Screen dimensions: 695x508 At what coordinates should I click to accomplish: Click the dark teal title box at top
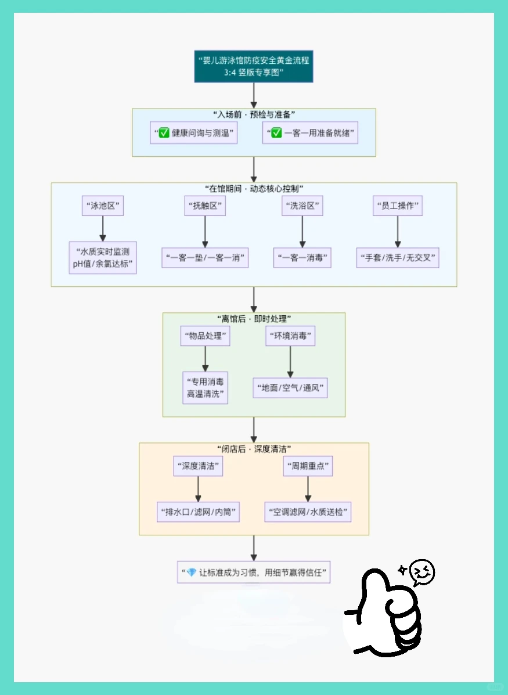[254, 66]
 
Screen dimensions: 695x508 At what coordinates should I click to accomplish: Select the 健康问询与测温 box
[194, 133]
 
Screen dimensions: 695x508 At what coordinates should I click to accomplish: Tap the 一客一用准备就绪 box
[310, 133]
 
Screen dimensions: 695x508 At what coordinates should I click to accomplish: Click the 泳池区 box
[103, 206]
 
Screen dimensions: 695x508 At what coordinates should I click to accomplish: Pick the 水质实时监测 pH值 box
[103, 257]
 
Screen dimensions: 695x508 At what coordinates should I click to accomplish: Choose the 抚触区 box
[204, 206]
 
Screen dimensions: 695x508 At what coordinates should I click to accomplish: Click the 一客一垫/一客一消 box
[204, 257]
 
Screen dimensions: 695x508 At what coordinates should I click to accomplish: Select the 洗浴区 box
[302, 206]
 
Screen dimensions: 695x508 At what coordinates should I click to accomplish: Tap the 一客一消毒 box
[302, 257]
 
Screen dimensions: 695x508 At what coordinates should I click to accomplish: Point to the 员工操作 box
[397, 206]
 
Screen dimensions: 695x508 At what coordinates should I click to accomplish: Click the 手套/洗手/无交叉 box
[397, 257]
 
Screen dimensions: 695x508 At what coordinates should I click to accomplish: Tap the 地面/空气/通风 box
[290, 387]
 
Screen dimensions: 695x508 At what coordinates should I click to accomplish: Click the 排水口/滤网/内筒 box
[198, 512]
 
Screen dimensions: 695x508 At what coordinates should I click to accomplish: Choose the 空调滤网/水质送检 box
[308, 512]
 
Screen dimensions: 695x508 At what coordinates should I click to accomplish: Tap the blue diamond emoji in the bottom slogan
[191, 572]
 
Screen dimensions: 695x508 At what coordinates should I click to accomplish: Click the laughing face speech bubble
[422, 572]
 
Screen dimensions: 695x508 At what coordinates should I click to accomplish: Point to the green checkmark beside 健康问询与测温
[163, 133]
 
